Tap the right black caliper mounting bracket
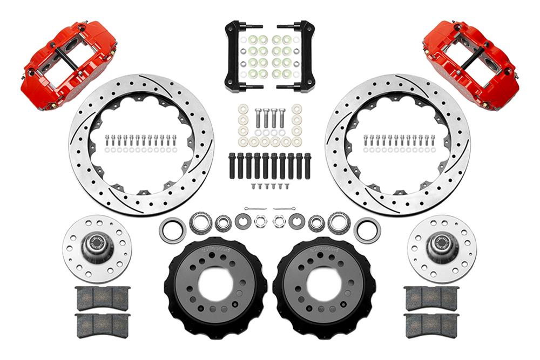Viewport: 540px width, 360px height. pos(302,57)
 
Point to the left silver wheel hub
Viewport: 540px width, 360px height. pos(97,248)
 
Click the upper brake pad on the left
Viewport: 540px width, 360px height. pos(103,298)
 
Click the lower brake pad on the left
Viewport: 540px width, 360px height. pos(103,326)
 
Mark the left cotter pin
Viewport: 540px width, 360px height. pos(254,208)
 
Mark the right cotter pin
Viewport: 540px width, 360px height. pos(285,208)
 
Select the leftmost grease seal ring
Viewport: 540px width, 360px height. pos(172,230)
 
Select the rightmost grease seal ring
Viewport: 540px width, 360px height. pos(367,230)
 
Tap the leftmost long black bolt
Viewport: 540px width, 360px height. pos(232,166)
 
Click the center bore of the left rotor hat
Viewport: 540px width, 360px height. pos(216,283)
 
